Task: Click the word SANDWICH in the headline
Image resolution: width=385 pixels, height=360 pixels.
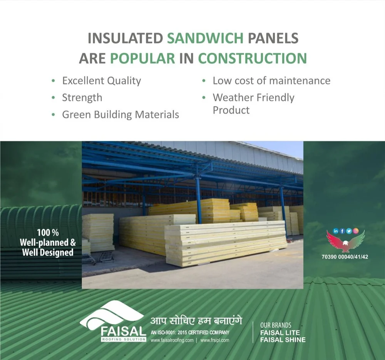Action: [x=205, y=38]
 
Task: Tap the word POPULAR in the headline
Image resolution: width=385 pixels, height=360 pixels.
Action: [x=142, y=59]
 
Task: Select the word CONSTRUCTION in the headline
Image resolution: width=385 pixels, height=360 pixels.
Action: [x=253, y=59]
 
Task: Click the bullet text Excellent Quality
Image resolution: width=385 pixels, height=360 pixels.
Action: [x=102, y=81]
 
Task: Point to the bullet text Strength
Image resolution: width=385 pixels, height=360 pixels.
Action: [x=82, y=98]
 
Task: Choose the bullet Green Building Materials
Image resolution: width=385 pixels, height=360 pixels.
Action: [x=121, y=115]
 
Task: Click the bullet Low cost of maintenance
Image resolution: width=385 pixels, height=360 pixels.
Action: [x=271, y=81]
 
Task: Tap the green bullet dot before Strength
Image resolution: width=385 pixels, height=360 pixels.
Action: [x=53, y=98]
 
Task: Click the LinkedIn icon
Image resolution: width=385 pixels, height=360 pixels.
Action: [x=336, y=231]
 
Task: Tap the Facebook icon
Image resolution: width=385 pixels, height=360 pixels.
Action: [x=342, y=231]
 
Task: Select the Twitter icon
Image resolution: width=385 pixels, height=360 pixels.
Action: [x=349, y=231]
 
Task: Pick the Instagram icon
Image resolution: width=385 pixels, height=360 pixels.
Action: [x=355, y=231]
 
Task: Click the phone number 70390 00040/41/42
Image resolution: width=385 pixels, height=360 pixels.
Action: [x=345, y=257]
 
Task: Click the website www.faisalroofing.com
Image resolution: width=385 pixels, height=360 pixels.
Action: [x=172, y=340]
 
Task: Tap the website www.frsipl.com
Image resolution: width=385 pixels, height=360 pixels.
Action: [x=215, y=340]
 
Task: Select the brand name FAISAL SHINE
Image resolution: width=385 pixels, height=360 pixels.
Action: [x=283, y=340]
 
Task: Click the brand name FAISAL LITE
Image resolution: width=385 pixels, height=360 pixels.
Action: [x=280, y=333]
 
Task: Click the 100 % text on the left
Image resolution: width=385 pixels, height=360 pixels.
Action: [x=48, y=232]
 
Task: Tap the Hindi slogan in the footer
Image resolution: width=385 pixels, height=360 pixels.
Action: [x=196, y=321]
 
